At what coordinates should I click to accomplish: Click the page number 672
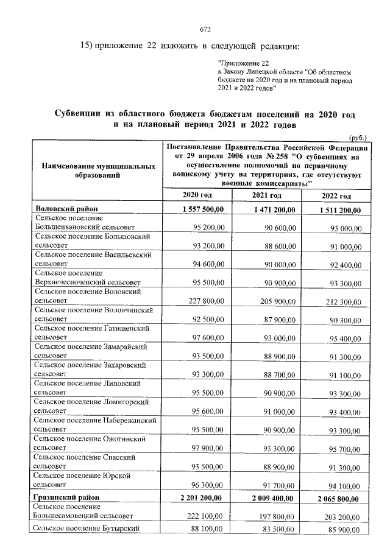(x=205, y=29)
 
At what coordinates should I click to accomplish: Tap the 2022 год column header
(x=336, y=196)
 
